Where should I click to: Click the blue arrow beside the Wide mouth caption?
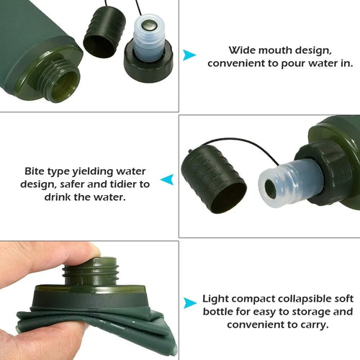pyautogui.click(x=189, y=55)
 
